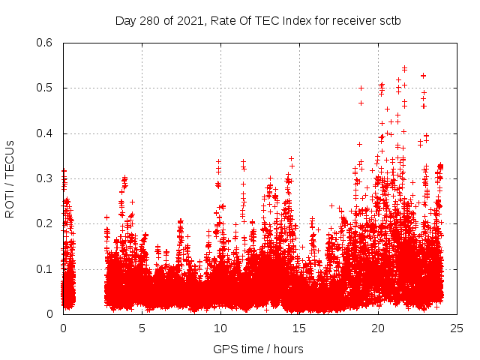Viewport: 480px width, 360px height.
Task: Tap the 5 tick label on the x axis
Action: (x=142, y=328)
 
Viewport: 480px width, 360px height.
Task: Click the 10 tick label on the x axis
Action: (x=220, y=328)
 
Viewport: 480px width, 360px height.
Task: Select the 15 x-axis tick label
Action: (x=299, y=328)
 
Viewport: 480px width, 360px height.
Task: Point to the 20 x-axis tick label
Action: (x=378, y=328)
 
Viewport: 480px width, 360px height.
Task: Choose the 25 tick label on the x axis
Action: (x=457, y=328)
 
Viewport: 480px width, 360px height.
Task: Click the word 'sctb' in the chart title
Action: (x=389, y=20)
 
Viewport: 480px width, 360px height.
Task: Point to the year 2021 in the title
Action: (x=191, y=20)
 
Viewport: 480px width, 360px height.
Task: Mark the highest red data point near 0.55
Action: (x=405, y=67)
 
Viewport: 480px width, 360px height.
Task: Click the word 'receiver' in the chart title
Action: (x=351, y=20)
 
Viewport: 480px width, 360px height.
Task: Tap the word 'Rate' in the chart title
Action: (x=224, y=20)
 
